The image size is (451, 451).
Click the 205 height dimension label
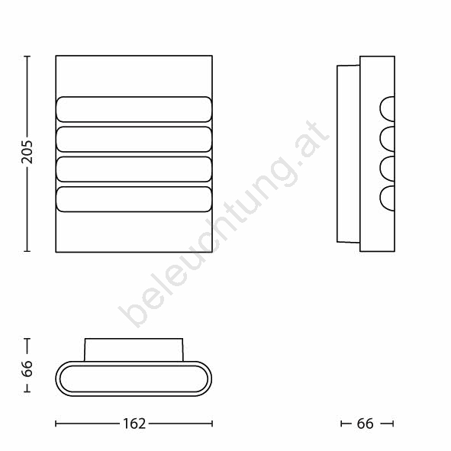point(27,152)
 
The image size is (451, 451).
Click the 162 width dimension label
point(134,424)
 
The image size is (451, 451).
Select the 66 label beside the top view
point(27,369)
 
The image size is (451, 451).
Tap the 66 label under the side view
point(365,424)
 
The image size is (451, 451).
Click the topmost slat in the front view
point(134,109)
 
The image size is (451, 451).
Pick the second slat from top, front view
point(134,139)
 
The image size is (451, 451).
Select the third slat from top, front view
point(134,169)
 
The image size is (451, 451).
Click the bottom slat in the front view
point(134,199)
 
